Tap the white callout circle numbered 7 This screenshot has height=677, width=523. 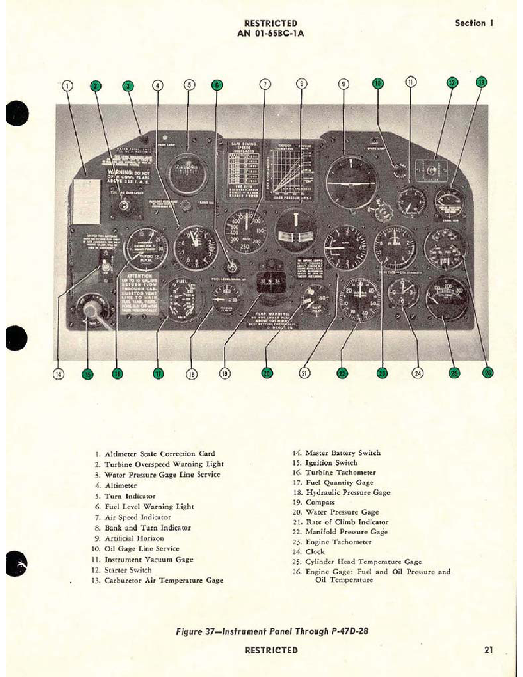click(x=265, y=84)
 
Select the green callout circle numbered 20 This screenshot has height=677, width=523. click(x=267, y=373)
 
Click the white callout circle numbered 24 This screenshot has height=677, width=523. click(x=418, y=373)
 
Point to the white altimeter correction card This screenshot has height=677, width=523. click(x=87, y=201)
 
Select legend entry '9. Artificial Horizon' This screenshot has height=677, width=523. click(x=130, y=538)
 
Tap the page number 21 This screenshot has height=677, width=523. click(x=488, y=650)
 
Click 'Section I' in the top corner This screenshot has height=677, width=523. click(x=474, y=23)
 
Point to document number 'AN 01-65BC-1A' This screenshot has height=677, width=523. click(x=271, y=34)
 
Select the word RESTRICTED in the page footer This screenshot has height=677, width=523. click(x=271, y=650)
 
